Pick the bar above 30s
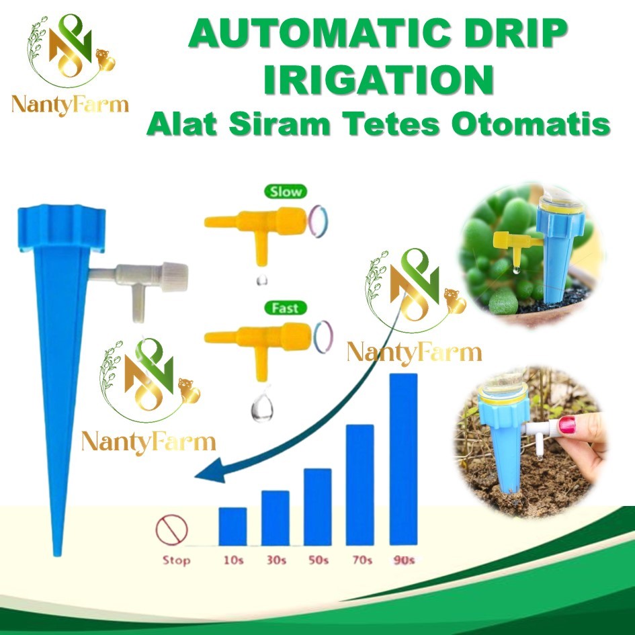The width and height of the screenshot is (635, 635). (275, 517)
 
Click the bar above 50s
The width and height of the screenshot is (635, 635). (317, 506)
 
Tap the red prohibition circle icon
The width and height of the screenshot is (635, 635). (171, 530)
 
